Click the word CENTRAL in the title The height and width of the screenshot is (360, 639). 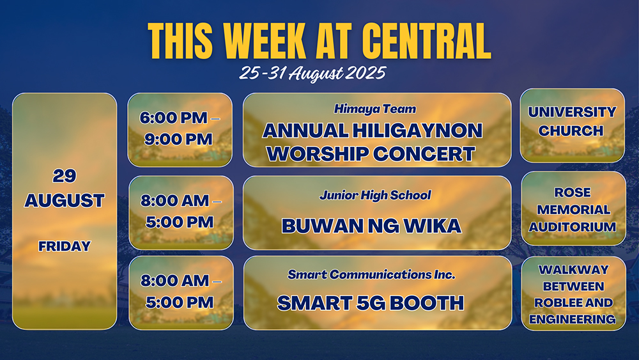tap(426, 41)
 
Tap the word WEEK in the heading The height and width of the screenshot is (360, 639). tap(265, 41)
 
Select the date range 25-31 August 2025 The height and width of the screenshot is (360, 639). tap(312, 74)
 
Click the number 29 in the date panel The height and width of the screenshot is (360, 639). tap(65, 176)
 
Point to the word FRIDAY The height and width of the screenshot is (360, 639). tap(65, 246)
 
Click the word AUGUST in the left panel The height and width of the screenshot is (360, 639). tap(65, 201)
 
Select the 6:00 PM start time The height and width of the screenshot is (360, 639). tap(174, 118)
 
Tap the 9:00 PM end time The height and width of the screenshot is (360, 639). tap(178, 139)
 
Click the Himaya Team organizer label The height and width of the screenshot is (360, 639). tap(375, 109)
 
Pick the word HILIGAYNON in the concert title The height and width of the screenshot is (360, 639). tap(417, 130)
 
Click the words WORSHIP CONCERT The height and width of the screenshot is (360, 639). tap(371, 153)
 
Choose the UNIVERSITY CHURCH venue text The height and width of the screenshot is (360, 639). tap(572, 121)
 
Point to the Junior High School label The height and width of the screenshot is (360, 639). tap(375, 195)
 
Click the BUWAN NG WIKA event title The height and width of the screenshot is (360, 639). tap(371, 226)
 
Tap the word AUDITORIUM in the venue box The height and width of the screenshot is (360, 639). tap(573, 227)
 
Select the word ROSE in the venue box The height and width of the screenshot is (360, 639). tap(573, 192)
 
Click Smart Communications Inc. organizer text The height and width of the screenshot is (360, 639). tap(371, 275)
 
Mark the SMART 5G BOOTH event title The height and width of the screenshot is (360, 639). tap(371, 303)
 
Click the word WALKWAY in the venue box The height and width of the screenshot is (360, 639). tap(573, 270)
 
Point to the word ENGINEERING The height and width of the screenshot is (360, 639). tap(573, 319)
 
